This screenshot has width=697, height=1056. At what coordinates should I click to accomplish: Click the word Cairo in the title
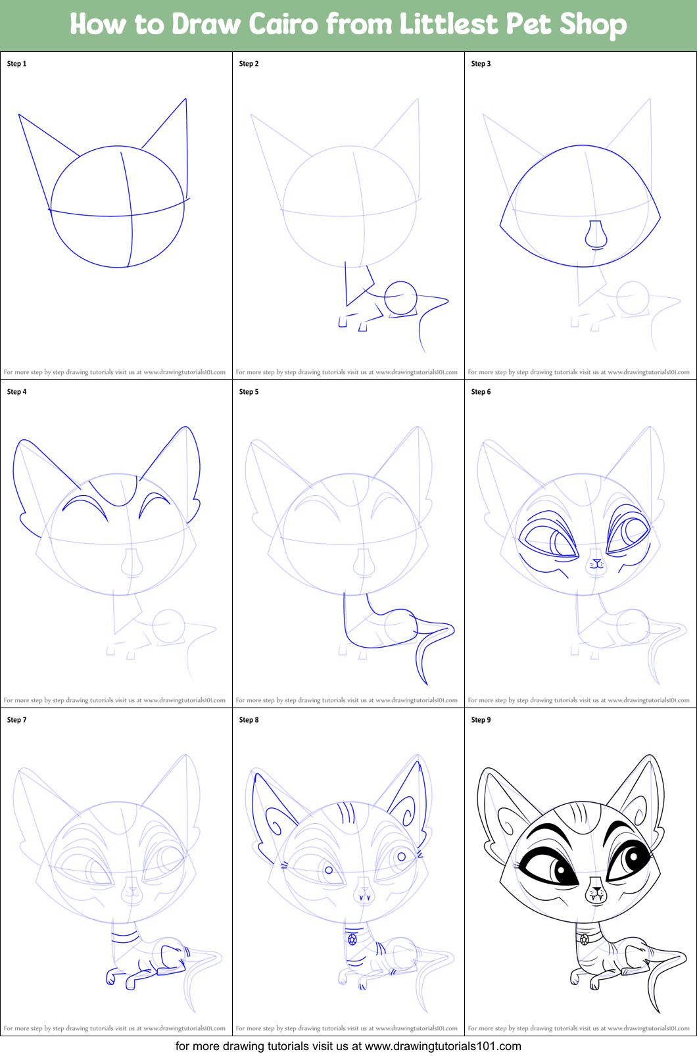pos(283,24)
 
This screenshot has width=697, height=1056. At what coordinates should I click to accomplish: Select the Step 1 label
pos(16,64)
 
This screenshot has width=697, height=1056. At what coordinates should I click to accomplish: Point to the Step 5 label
pos(249,392)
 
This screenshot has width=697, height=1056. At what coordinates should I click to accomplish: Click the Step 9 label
pos(481,720)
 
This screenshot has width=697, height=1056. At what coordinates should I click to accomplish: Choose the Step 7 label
pos(16,720)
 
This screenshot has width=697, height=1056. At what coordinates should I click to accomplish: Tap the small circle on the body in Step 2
pos(401,298)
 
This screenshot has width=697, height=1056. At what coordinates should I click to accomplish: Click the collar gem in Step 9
pos(585,940)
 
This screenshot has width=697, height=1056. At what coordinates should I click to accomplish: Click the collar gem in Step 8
pos(352,940)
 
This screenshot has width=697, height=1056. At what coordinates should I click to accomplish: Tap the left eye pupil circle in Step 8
pos(329,870)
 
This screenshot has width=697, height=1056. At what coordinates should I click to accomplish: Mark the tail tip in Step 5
pos(426,684)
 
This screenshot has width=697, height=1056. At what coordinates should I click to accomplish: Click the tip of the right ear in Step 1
pos(186,99)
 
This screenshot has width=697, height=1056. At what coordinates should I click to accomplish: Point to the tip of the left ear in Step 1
pos(19,114)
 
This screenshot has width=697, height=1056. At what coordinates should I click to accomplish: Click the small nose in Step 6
pos(596,562)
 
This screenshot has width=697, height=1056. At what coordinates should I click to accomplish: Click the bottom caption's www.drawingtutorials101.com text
pos(443,1046)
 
